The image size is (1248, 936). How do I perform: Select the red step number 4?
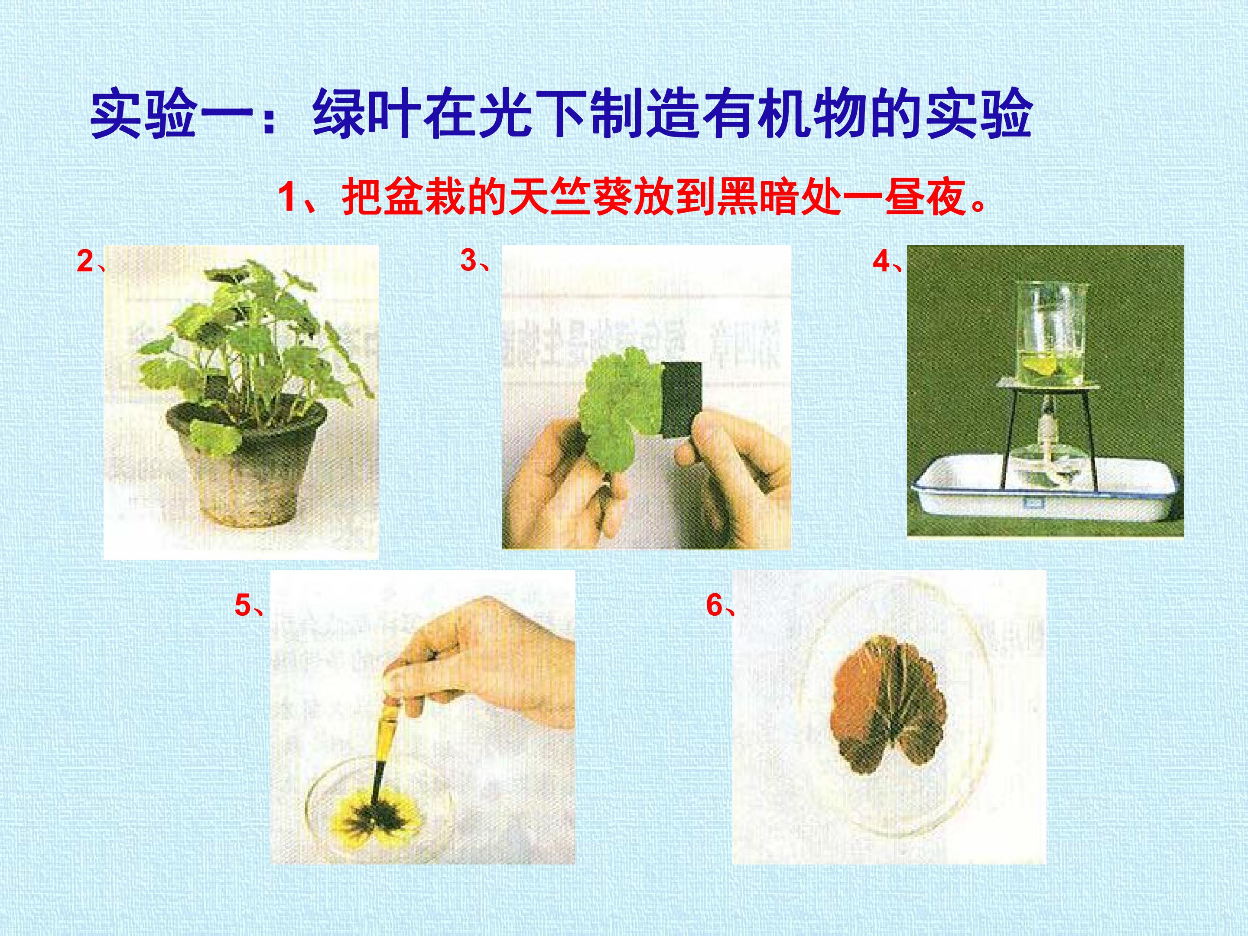point(881,262)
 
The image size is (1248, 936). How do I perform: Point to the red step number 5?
point(243,606)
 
